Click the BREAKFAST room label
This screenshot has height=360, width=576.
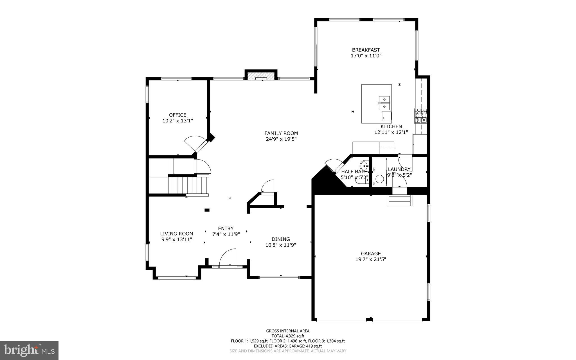[366, 50]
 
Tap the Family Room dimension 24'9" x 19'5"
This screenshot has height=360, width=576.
[281, 139]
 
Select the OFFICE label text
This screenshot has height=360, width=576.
[177, 115]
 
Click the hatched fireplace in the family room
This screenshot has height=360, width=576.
[261, 76]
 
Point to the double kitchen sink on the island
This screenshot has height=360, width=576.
[384, 103]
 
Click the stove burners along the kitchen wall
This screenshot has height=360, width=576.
[421, 116]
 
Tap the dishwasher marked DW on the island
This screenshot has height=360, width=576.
[386, 116]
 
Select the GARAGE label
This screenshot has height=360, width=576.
[371, 253]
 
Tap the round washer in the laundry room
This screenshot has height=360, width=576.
[380, 179]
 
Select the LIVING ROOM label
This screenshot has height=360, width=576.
[177, 234]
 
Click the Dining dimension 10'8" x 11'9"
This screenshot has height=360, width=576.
[281, 245]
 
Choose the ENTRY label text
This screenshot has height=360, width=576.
[226, 229]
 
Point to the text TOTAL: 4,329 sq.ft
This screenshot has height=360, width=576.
[288, 336]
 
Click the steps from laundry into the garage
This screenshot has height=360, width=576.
[400, 200]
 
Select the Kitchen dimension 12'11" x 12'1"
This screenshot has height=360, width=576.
[391, 132]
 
